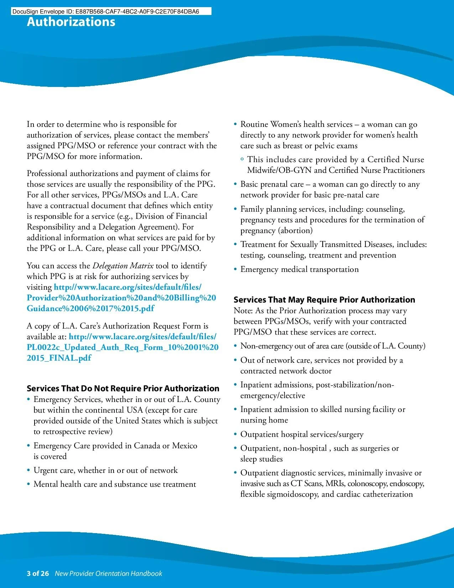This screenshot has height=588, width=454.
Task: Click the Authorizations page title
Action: [x=71, y=22]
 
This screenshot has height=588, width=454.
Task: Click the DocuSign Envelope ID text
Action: [x=105, y=11]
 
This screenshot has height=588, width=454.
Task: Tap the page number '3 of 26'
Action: [x=37, y=573]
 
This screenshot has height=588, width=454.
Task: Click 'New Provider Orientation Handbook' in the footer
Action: [x=108, y=573]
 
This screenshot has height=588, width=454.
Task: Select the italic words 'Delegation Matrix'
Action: [x=123, y=266]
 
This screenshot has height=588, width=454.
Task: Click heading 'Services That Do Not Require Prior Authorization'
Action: [x=123, y=388]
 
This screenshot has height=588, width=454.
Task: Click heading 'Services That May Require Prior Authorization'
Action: [x=324, y=300]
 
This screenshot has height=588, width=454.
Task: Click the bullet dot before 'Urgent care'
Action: [x=28, y=471]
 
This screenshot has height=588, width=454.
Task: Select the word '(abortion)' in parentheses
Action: [x=296, y=231]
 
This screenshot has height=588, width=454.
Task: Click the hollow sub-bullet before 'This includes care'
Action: [x=242, y=160]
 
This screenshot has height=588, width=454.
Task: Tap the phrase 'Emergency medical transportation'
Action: [x=299, y=269]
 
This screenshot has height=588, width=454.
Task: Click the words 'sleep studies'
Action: [x=261, y=459]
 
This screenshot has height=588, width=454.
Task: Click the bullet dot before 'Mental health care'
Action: [x=28, y=485]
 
